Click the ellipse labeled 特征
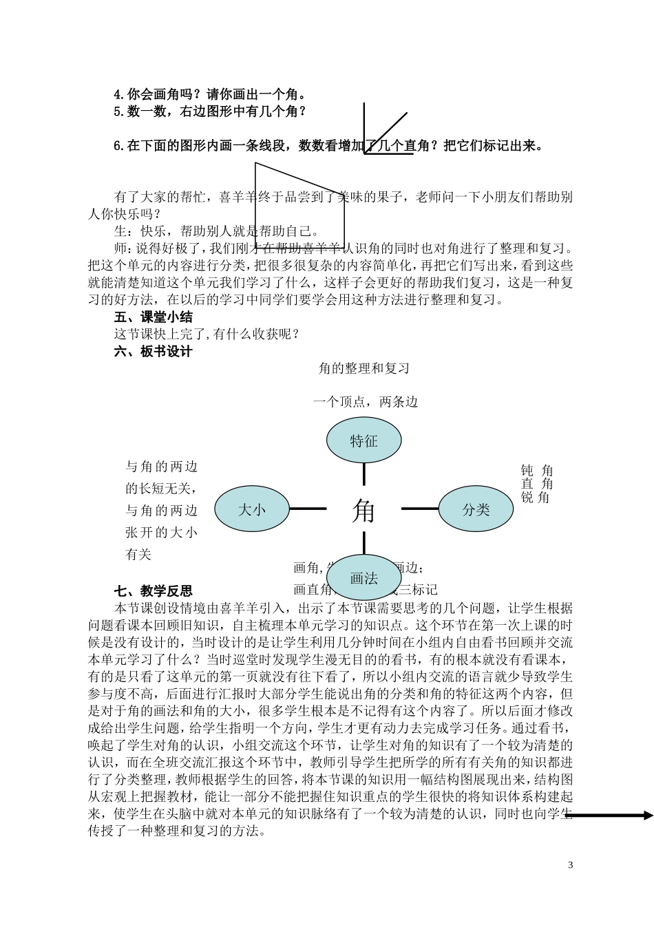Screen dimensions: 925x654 coord(363,441)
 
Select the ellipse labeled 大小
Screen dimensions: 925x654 coord(252,510)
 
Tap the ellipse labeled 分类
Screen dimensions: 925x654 coord(476,509)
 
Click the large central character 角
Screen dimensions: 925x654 coord(363,511)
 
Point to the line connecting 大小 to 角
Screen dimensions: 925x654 coord(308,509)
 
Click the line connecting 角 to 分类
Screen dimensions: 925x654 coord(419,509)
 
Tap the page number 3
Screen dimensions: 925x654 coord(571,865)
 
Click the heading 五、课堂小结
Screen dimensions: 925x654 coord(154,317)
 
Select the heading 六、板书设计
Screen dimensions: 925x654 coord(154,352)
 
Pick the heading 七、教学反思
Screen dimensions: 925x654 coord(154,591)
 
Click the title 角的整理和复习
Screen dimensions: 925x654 coord(364,369)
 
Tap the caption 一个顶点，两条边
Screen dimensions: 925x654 coord(366,402)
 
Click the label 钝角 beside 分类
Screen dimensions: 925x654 coord(537,471)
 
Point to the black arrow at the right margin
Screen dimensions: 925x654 coord(609,816)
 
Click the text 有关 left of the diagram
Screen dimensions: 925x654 coord(138,555)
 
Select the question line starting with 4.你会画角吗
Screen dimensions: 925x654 coord(210,94)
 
